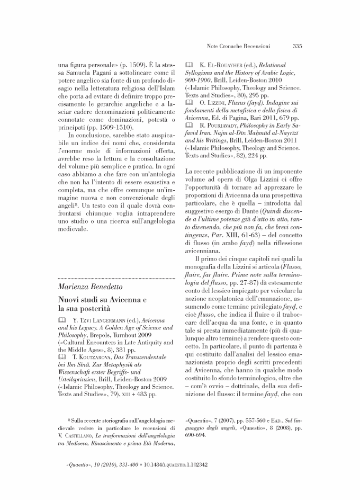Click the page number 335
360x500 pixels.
[297, 46]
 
